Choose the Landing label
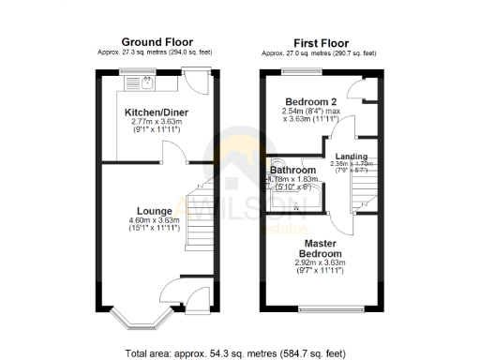pyautogui.click(x=352, y=156)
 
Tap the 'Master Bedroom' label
pyautogui.click(x=322, y=247)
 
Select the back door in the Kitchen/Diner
pyautogui.click(x=197, y=82)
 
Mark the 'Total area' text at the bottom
pyautogui.click(x=239, y=353)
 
